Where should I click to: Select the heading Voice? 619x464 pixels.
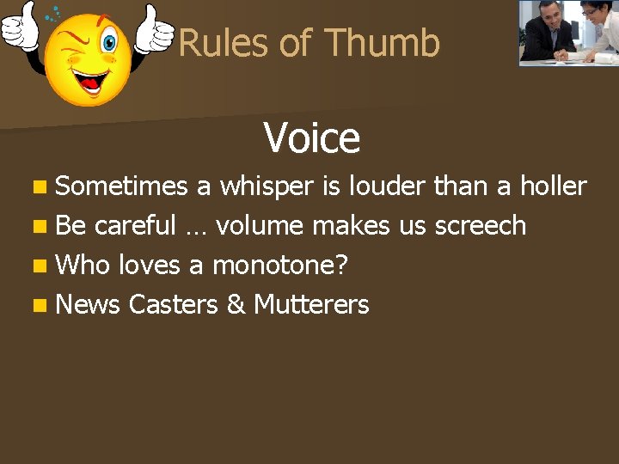tap(311, 137)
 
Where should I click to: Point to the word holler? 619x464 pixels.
tap(553, 186)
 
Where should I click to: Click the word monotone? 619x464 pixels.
tap(279, 265)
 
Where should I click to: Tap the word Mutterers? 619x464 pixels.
tap(311, 304)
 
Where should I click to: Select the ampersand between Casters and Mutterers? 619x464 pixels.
tap(236, 304)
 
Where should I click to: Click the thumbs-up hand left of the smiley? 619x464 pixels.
tap(20, 28)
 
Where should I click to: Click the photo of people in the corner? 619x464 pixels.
tap(568, 33)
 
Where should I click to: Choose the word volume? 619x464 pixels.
tap(260, 225)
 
